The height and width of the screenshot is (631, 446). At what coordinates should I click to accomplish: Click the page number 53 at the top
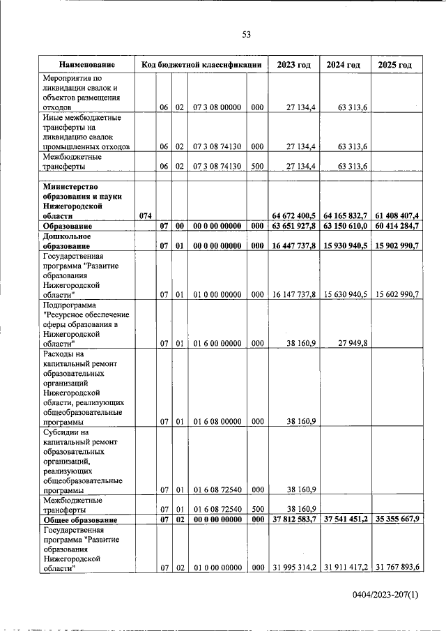click(x=246, y=35)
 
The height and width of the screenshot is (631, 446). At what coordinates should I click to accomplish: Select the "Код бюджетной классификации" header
click(x=201, y=65)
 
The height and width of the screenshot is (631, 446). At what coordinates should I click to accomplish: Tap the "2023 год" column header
click(x=293, y=65)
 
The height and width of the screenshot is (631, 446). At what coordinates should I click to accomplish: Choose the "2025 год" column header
click(x=395, y=65)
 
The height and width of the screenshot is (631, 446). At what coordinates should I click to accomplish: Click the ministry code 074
click(x=146, y=216)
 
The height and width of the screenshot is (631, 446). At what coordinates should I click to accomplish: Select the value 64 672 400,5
click(x=294, y=216)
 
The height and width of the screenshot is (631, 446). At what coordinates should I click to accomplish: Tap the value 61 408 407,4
click(x=395, y=216)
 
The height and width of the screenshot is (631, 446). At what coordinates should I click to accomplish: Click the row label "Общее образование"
click(x=79, y=520)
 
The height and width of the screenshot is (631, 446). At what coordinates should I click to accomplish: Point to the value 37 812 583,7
click(x=294, y=520)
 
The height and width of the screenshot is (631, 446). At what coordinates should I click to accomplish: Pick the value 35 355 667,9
click(x=395, y=520)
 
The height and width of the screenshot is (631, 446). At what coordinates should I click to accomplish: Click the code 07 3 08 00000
click(x=217, y=107)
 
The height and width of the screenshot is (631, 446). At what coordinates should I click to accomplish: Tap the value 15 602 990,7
click(x=397, y=295)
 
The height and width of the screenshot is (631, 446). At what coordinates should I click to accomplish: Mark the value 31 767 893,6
click(x=397, y=568)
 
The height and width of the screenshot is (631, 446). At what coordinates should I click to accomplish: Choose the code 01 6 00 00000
click(x=217, y=343)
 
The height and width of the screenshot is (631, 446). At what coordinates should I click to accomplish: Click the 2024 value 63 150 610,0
click(x=345, y=227)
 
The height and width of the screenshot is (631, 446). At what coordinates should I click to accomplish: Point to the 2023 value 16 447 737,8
click(x=294, y=246)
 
